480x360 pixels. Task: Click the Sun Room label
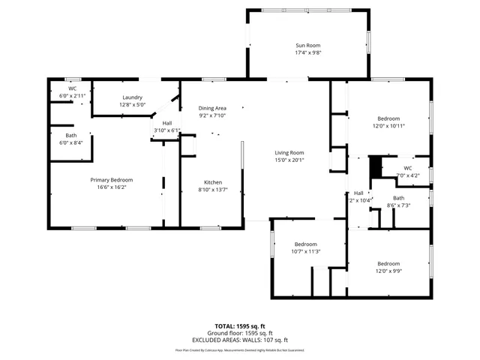(x=308, y=46)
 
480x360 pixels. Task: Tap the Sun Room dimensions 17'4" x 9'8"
(x=308, y=53)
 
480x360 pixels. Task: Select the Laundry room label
(x=133, y=97)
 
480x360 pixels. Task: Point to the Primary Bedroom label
(x=112, y=180)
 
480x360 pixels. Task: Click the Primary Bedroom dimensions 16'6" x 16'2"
(x=112, y=187)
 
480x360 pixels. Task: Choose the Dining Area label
(x=212, y=108)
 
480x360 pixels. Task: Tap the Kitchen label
(x=213, y=182)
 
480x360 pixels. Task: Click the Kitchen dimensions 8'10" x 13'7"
(x=213, y=190)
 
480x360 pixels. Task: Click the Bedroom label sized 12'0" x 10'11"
(x=388, y=118)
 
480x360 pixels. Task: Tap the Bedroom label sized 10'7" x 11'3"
(x=306, y=244)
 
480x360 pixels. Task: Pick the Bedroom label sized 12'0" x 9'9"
(x=388, y=264)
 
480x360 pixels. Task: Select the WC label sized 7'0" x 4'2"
(x=407, y=168)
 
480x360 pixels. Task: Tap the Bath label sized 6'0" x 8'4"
(x=70, y=135)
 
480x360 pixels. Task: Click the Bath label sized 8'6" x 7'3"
(x=398, y=198)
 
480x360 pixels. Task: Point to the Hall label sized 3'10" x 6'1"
(x=167, y=123)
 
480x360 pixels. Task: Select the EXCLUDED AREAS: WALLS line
(x=239, y=340)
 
